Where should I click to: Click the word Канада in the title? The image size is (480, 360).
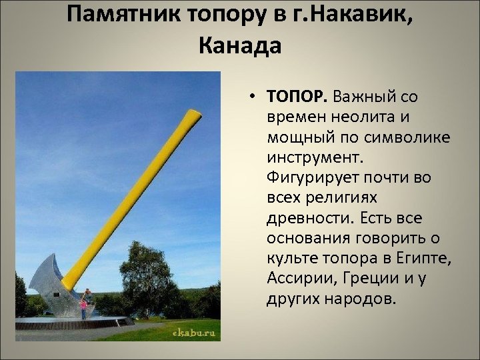pos(240,45)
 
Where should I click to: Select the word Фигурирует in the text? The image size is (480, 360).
pos(311,178)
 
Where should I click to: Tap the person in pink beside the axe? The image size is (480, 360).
pos(84,309)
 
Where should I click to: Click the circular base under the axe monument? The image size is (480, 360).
pos(73,323)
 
